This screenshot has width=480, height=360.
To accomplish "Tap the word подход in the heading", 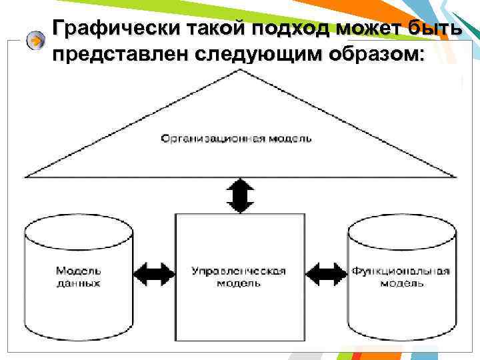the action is (x=289, y=29).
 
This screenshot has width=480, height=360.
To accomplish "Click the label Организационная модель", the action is (x=237, y=139).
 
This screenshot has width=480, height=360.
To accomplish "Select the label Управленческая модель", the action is (x=239, y=277).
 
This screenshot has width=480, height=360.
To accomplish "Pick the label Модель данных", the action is (x=78, y=277).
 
